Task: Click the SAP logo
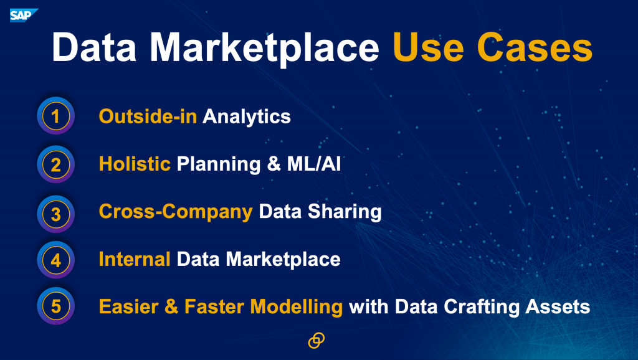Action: [x=24, y=16]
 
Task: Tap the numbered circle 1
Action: [x=55, y=116]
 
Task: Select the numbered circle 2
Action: [x=55, y=164]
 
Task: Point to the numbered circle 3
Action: [x=55, y=214]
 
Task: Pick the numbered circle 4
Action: [x=55, y=260]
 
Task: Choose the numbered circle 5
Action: [x=55, y=306]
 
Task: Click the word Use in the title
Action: [x=428, y=47]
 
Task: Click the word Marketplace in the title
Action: [x=264, y=49]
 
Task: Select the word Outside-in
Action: [x=148, y=116]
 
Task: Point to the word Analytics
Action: [x=247, y=117]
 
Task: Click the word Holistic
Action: [x=135, y=164]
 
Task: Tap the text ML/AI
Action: [x=314, y=164]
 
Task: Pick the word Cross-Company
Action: [x=176, y=212]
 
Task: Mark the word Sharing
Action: [x=345, y=212]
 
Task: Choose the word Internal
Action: [x=135, y=259]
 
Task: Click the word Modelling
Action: [x=296, y=307]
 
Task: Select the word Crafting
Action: [x=482, y=307]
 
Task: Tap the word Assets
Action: [x=558, y=306]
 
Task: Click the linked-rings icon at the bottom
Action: [x=316, y=341]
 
